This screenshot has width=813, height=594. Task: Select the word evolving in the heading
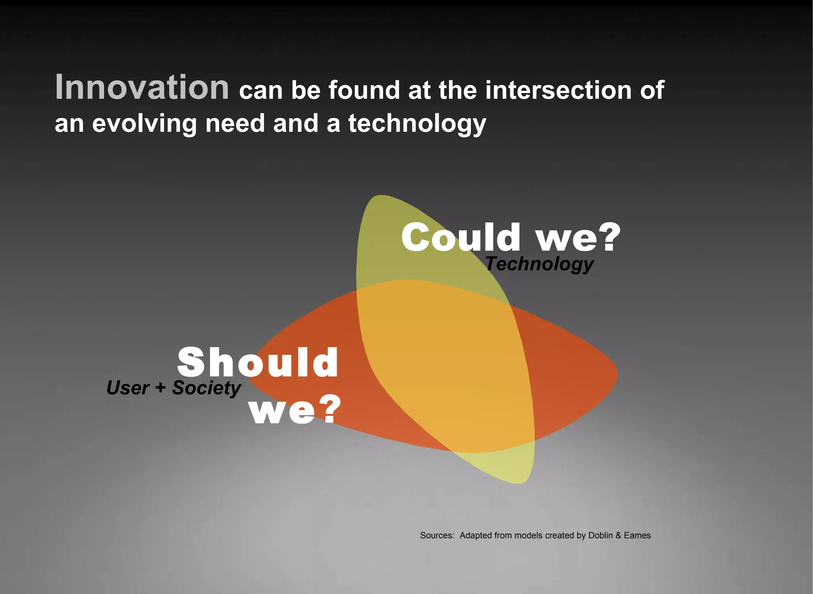coord(144,123)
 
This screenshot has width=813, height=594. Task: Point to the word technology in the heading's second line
coord(417,124)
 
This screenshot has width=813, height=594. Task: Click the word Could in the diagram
coord(460,237)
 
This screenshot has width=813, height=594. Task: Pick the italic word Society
coord(206,388)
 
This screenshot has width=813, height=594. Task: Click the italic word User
coord(128,388)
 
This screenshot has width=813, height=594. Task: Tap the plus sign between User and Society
coord(160,387)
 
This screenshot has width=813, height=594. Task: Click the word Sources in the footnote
coord(437,535)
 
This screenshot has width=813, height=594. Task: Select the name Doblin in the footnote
coord(600,535)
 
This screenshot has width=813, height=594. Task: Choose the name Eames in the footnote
coord(637,535)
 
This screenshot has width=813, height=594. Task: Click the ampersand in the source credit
coord(618,535)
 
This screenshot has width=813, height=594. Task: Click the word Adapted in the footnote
coord(476,536)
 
